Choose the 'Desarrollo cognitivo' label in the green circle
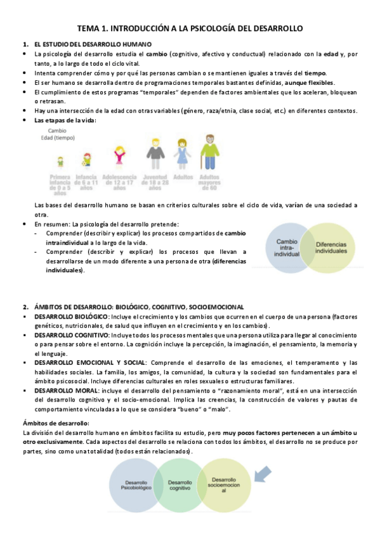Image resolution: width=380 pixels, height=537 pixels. [x=180, y=486]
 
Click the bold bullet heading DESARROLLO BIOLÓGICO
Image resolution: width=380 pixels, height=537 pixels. [x=72, y=316]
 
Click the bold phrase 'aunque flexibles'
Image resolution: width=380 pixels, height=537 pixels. [x=310, y=83]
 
